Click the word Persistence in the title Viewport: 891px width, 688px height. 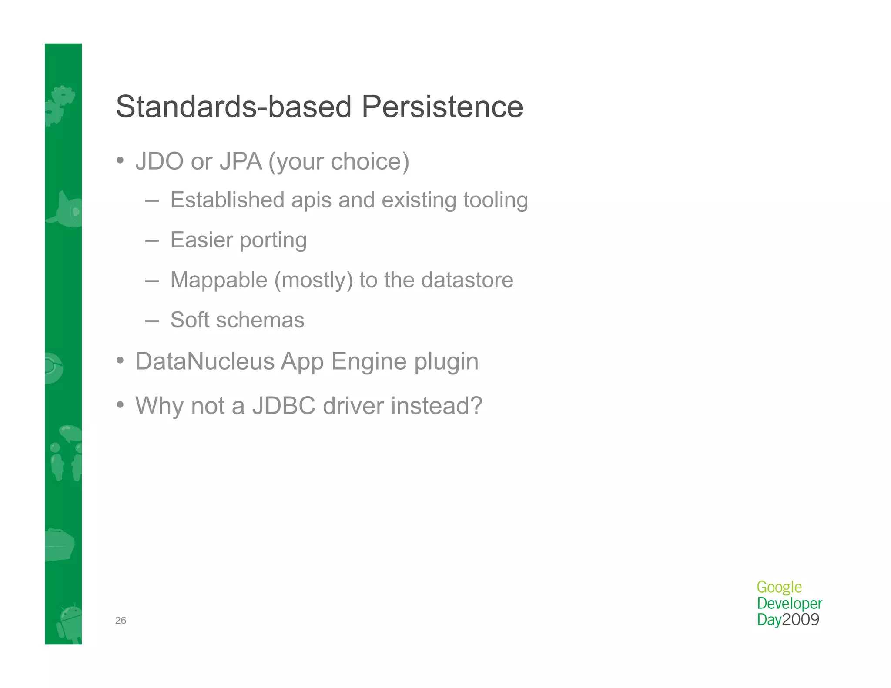click(x=442, y=107)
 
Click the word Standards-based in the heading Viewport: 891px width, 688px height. click(x=234, y=107)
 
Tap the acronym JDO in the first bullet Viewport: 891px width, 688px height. click(x=159, y=161)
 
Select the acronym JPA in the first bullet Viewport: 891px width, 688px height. click(x=241, y=161)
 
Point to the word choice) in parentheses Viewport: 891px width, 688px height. click(x=370, y=161)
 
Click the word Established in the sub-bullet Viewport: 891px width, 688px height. click(x=227, y=200)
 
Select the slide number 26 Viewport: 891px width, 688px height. click(x=121, y=621)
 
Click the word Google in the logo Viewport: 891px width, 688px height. click(x=779, y=587)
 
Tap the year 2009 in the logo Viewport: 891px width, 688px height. click(x=801, y=619)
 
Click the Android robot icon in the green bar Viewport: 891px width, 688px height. click(x=70, y=622)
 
